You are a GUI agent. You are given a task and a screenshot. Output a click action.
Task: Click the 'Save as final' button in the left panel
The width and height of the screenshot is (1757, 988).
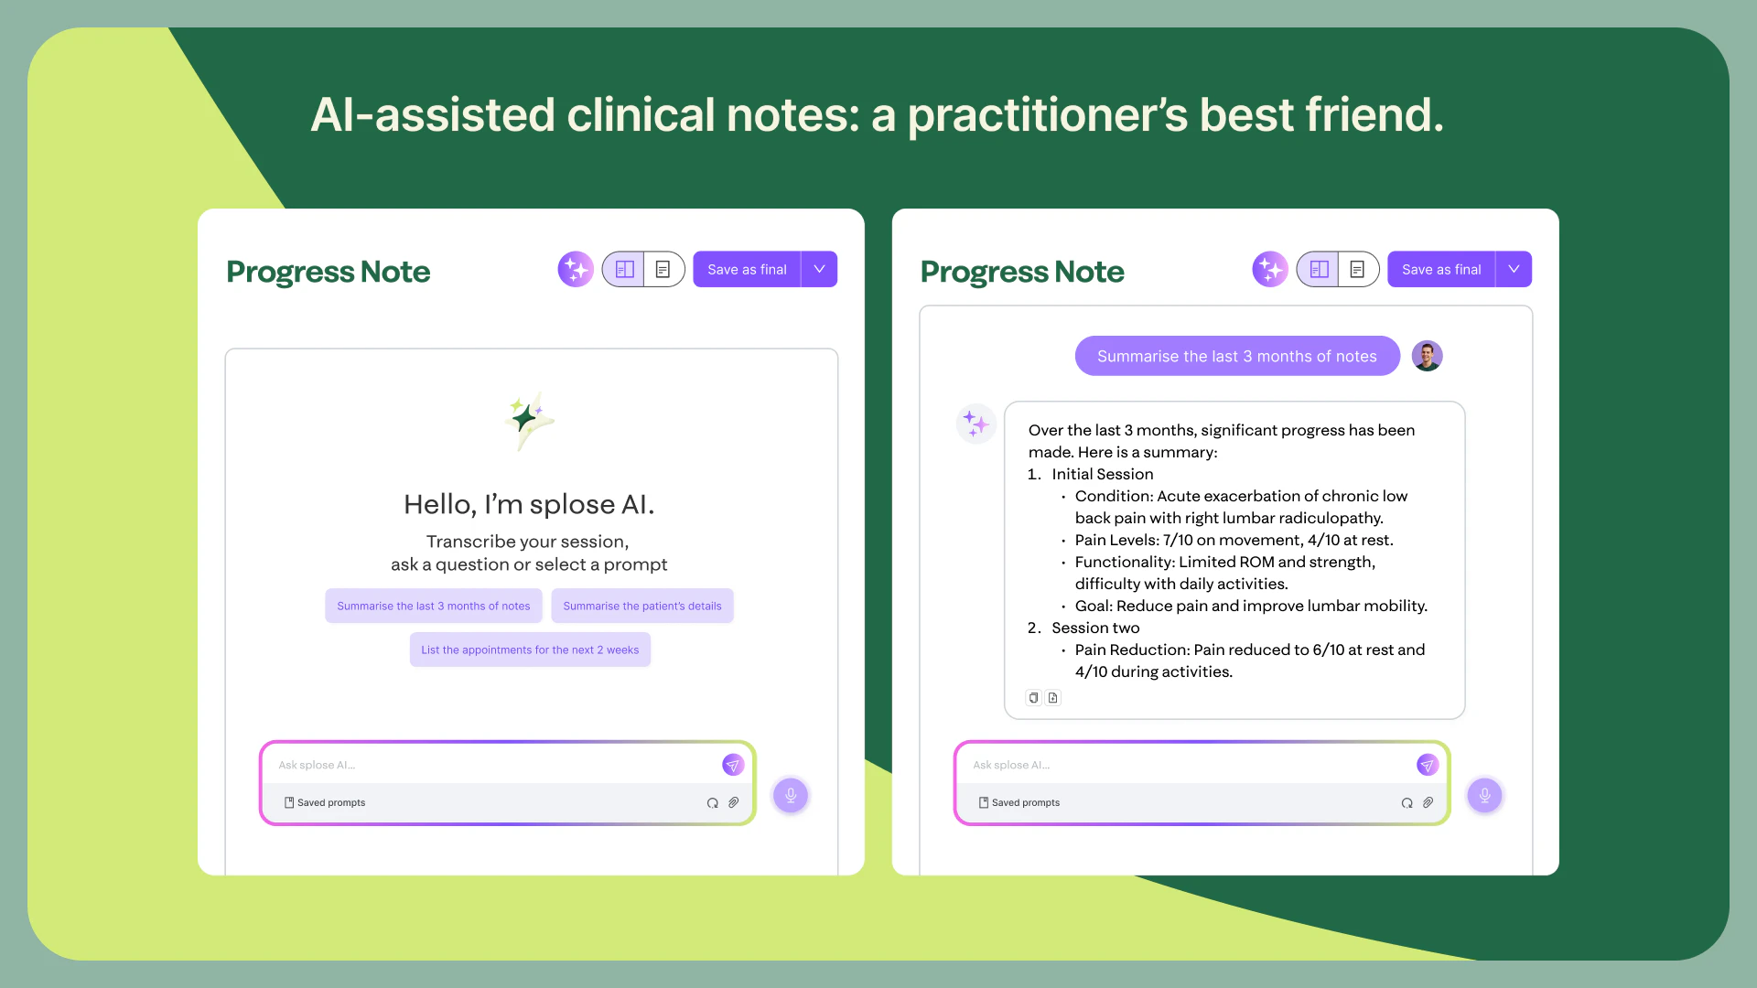click(746, 270)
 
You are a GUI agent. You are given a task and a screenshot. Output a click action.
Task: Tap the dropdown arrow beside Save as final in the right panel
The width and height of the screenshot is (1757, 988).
click(1514, 270)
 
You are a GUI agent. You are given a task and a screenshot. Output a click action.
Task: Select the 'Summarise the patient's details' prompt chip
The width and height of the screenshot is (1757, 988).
click(641, 607)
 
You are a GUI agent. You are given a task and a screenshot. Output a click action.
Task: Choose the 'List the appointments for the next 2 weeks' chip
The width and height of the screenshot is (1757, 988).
click(530, 650)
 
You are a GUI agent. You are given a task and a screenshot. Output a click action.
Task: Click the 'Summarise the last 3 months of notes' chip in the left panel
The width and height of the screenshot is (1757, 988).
click(433, 607)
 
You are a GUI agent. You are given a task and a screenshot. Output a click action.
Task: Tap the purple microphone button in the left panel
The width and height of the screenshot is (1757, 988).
click(791, 796)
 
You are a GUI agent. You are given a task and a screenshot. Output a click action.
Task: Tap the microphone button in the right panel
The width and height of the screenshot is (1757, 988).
click(1484, 796)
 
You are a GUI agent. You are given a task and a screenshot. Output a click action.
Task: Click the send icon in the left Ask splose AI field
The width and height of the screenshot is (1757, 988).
click(733, 766)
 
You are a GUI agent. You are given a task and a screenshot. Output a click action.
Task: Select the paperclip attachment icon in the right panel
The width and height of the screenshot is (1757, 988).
click(1428, 803)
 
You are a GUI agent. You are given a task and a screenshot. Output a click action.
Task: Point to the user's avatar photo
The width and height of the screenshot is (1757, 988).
click(1427, 356)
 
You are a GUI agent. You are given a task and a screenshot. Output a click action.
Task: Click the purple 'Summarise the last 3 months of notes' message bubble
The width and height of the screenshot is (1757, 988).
click(1236, 357)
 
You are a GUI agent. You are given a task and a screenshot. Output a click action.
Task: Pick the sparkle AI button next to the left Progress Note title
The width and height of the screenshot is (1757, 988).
click(576, 270)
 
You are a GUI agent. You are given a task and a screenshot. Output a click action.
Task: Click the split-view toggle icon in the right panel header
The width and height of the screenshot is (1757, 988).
click(1319, 270)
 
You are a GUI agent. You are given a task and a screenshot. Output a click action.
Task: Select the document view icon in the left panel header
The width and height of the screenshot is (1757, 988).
click(663, 270)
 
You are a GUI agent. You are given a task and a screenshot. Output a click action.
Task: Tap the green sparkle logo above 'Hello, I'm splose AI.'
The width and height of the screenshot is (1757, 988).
click(528, 421)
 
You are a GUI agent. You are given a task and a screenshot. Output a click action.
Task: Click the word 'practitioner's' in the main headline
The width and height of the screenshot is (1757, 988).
click(1046, 116)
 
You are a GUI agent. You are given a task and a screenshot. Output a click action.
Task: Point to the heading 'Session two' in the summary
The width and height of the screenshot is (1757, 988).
click(1095, 628)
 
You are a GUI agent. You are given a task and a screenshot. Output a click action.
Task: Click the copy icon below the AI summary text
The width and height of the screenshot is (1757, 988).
click(1033, 698)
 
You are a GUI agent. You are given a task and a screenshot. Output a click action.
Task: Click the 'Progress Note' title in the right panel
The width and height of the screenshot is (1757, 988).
click(1022, 272)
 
